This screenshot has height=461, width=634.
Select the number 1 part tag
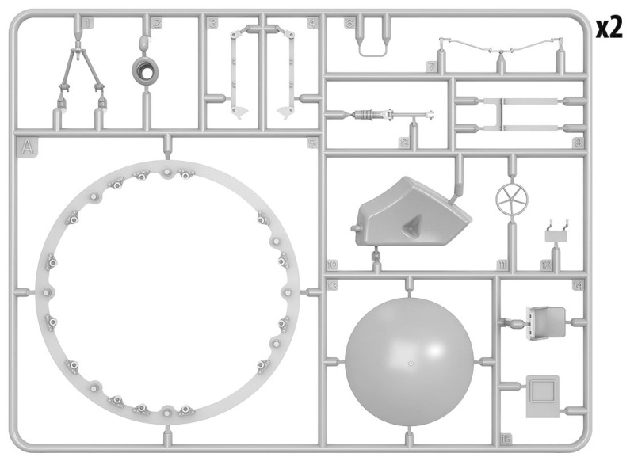coord(87,24)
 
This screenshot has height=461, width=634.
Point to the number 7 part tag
coord(430,67)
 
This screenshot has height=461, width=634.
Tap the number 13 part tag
coord(333,284)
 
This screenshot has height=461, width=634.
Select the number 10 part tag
coord(332,265)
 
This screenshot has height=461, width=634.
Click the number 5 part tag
coord(311,143)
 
